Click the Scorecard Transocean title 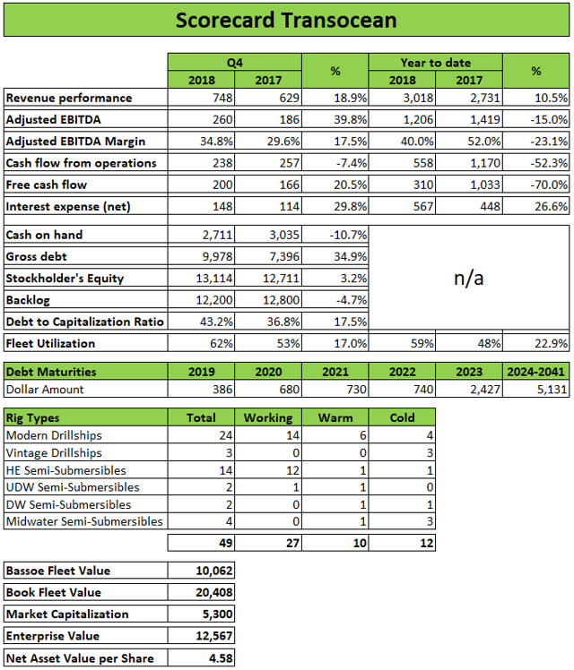[x=286, y=20]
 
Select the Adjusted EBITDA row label [x=50, y=119]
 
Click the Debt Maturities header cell [x=51, y=370]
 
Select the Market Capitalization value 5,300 [x=213, y=614]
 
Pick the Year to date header [x=438, y=62]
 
